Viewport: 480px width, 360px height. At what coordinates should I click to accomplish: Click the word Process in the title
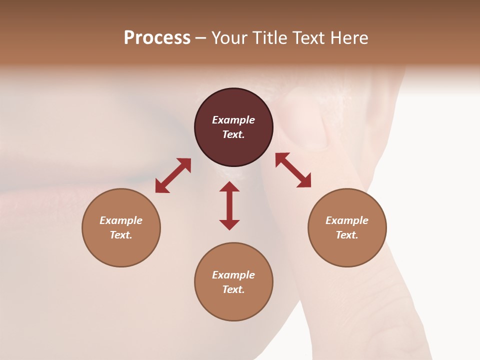click(157, 38)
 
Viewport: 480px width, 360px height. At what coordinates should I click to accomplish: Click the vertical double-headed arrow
click(229, 205)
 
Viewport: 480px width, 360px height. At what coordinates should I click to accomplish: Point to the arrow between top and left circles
click(173, 175)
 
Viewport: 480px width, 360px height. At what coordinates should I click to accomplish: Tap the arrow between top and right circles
click(293, 170)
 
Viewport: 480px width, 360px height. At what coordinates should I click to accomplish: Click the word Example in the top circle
click(233, 120)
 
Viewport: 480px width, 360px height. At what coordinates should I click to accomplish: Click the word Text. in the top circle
click(233, 134)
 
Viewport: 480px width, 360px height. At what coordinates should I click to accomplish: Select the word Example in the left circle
click(121, 220)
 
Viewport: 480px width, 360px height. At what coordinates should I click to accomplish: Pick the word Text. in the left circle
click(121, 235)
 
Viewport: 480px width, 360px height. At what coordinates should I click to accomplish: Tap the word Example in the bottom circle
click(233, 275)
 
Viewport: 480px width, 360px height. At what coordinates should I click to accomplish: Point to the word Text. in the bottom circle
click(233, 289)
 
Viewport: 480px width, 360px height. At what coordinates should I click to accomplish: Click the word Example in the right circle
click(347, 220)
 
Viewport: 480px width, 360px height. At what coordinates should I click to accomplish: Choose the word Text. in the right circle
click(347, 235)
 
